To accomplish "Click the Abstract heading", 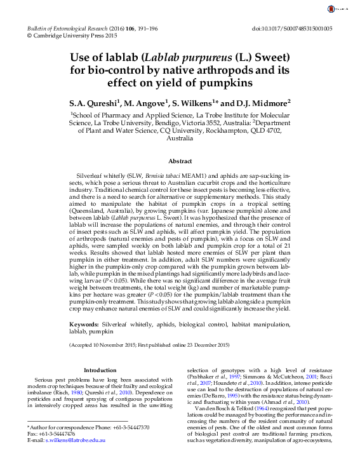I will coord(180,162).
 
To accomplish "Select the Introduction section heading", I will coord(101,370).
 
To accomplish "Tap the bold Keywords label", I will coord(84,324).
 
